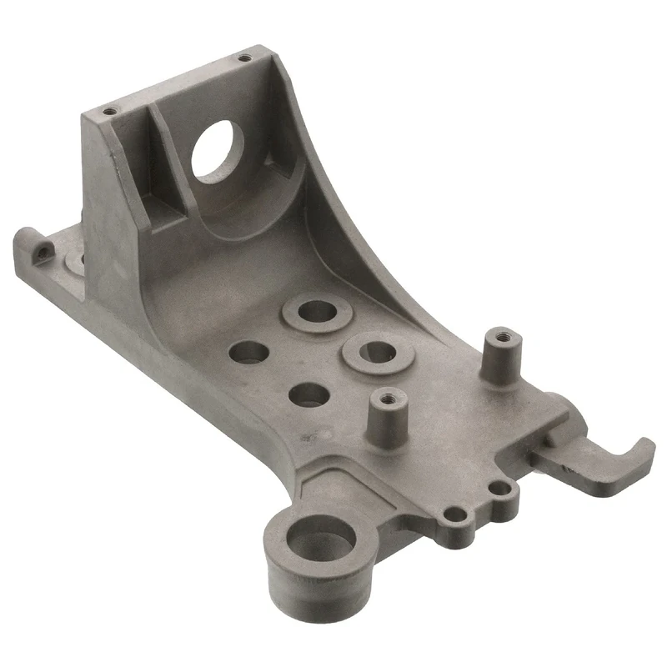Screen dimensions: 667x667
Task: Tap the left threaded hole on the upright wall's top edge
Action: [108, 110]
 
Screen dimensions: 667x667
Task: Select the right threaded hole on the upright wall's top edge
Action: [243, 58]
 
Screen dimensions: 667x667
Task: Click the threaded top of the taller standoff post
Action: [499, 338]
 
